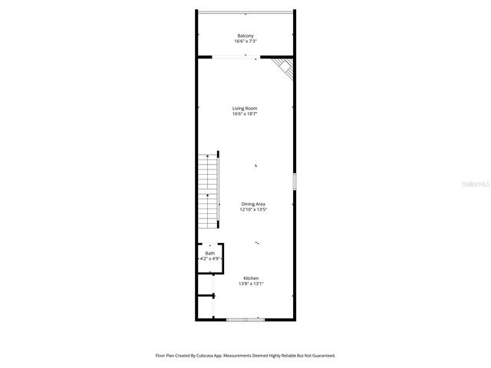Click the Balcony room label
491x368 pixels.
tap(245, 36)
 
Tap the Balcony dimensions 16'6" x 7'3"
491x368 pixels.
tap(245, 41)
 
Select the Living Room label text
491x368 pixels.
tap(245, 108)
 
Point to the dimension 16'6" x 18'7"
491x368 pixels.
tap(245, 114)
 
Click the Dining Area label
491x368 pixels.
tap(252, 203)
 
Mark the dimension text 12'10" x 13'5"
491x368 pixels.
tap(252, 209)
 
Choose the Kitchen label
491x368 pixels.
tap(251, 278)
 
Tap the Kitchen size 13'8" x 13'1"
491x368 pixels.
tap(251, 284)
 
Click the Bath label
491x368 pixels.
tap(210, 253)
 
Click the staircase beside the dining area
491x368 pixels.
tap(209, 192)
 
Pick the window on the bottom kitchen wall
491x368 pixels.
tap(245, 318)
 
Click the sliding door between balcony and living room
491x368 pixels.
tap(235, 56)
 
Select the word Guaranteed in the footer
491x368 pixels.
tap(321, 355)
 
